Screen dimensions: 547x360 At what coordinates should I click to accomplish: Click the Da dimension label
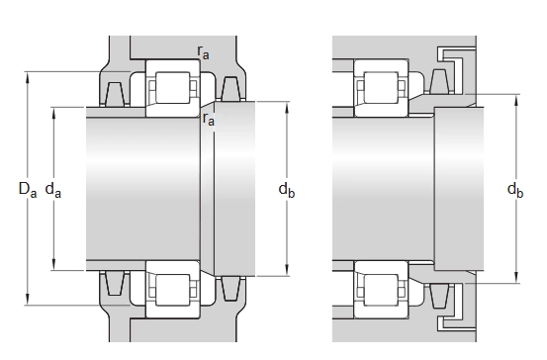28,190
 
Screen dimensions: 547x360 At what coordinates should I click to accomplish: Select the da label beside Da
53,190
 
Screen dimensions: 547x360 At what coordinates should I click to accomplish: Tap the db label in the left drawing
287,190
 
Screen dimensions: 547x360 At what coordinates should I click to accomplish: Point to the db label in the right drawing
515,190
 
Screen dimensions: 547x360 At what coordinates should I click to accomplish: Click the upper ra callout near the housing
203,52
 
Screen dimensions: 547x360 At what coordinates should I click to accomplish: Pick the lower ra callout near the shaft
209,119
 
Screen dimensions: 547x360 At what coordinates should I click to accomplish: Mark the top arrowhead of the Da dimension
28,77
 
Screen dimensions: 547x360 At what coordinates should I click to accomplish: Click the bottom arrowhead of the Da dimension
28,300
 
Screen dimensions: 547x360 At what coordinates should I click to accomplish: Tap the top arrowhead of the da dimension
53,113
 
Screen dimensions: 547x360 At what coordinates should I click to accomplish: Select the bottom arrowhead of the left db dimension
287,271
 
